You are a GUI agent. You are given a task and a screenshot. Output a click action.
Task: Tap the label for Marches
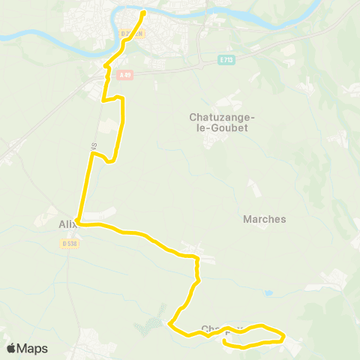(265, 220)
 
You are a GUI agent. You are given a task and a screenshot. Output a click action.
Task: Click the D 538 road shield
(70, 243)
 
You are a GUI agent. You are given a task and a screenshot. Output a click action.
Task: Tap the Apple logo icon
(11, 348)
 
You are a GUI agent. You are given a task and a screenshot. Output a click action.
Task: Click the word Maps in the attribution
(33, 348)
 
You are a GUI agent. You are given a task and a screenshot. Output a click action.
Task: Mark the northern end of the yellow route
(143, 12)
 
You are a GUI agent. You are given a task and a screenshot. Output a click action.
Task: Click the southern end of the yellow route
(225, 342)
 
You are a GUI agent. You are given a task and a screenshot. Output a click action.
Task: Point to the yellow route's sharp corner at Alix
(77, 223)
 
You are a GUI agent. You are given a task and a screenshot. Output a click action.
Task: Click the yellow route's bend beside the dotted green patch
(171, 324)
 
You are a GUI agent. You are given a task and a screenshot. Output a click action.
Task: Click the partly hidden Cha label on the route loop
(211, 328)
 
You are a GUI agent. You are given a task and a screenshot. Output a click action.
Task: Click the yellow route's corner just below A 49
(103, 98)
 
